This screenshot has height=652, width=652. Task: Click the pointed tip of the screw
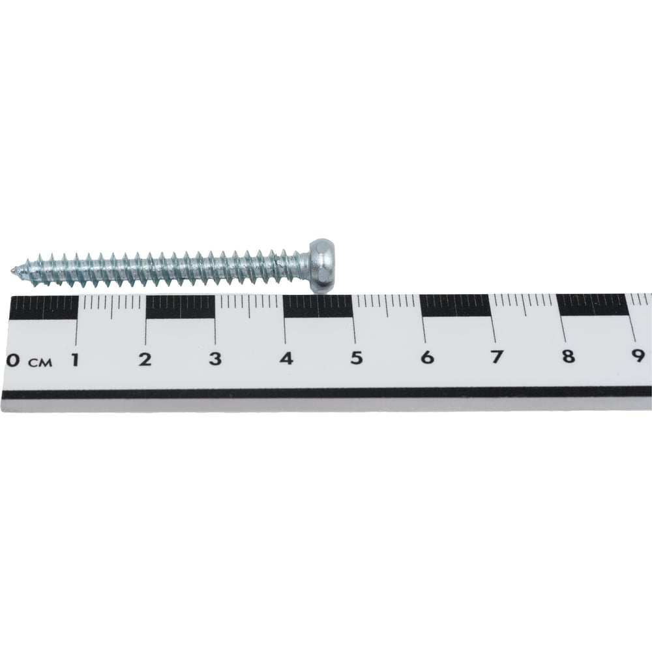[11, 271]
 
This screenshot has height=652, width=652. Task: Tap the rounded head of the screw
[323, 265]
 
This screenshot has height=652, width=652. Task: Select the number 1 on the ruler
[75, 360]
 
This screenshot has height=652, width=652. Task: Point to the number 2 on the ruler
[145, 359]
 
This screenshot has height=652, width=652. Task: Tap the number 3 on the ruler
[215, 359]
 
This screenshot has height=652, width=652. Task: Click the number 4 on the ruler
[286, 359]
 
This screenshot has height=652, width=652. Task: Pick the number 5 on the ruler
[357, 358]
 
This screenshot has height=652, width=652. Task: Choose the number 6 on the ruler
[427, 357]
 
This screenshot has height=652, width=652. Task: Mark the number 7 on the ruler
[497, 357]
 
